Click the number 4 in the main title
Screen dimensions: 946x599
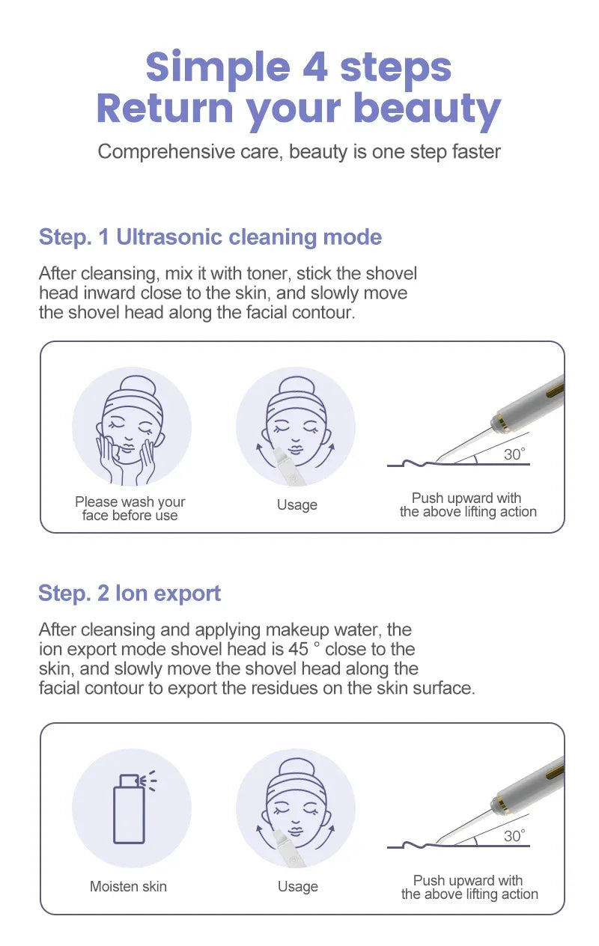tap(315, 67)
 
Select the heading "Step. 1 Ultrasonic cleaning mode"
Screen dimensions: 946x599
tap(210, 237)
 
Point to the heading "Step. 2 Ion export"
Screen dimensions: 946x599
tap(130, 593)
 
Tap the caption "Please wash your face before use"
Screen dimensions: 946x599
tap(130, 508)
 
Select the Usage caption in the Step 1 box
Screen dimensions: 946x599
tap(297, 504)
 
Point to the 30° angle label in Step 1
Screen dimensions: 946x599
tap(514, 454)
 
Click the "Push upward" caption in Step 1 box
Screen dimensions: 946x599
tap(468, 505)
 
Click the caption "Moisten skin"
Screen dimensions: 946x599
tap(128, 887)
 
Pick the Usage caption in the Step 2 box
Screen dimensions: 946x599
tap(297, 887)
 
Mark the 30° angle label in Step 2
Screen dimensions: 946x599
tap(514, 836)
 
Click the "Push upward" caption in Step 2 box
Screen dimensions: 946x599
tap(469, 888)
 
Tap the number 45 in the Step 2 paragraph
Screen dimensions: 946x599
tap(299, 649)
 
